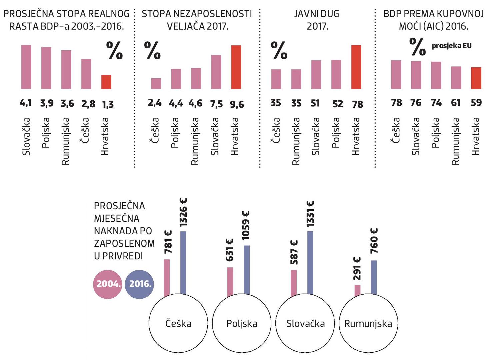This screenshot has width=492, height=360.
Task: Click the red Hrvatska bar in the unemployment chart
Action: coord(236,67)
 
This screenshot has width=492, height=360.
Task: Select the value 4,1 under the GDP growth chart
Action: coord(26,103)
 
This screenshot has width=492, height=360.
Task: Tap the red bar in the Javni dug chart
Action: coord(356,67)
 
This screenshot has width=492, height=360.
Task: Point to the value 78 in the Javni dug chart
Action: coord(357,104)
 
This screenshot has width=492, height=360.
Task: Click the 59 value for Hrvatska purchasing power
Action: coord(476,102)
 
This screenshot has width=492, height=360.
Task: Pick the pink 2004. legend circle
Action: coord(108,284)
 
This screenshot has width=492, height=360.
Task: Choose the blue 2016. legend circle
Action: coord(140,284)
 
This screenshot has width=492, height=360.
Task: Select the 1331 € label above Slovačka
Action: coord(310,214)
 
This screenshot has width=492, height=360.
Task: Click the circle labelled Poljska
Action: coord(242,323)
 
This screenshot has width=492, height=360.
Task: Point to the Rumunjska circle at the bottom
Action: coord(368,323)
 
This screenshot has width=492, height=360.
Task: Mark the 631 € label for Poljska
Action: coord(230,250)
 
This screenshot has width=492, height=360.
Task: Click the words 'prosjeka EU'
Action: coord(452,46)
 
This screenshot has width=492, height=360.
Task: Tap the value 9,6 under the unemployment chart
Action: coord(237,105)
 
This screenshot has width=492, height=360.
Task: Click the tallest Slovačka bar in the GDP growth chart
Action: coord(26,67)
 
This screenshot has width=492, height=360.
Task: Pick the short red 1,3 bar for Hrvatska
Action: coord(106,82)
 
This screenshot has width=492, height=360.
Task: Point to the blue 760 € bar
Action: coord(374,277)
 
